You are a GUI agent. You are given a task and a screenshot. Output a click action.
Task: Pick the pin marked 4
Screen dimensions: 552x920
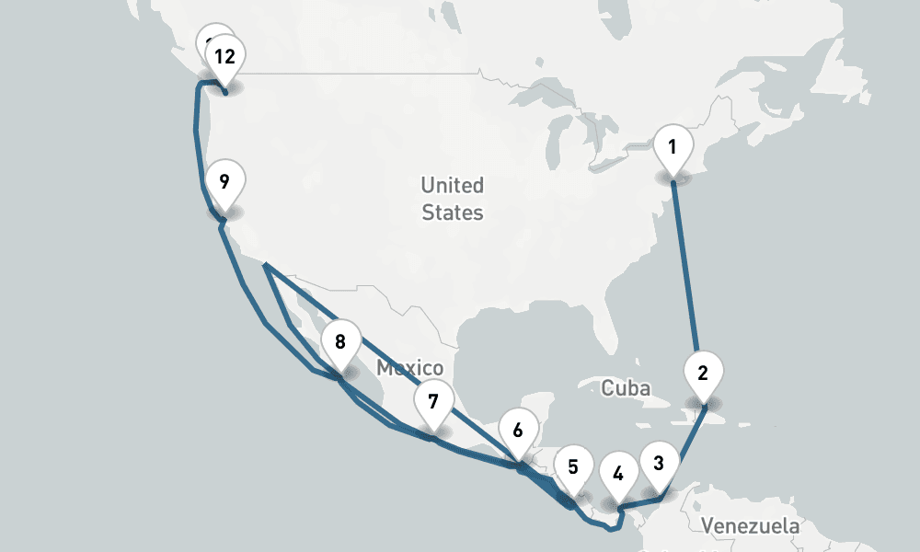(x=618, y=475)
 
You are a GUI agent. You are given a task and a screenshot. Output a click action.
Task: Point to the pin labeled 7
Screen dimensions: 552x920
(x=433, y=402)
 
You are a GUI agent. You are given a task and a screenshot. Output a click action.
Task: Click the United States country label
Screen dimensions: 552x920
(x=452, y=199)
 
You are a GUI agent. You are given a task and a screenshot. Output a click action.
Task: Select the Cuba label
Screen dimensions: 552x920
(x=626, y=388)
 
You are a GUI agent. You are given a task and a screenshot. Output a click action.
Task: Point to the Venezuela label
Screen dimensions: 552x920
(x=750, y=527)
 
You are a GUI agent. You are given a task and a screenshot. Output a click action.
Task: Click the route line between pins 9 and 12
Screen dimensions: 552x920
(x=196, y=138)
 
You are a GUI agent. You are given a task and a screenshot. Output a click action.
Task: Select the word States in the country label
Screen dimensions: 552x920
(x=453, y=213)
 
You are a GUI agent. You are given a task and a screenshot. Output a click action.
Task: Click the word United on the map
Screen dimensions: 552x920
(x=452, y=186)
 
